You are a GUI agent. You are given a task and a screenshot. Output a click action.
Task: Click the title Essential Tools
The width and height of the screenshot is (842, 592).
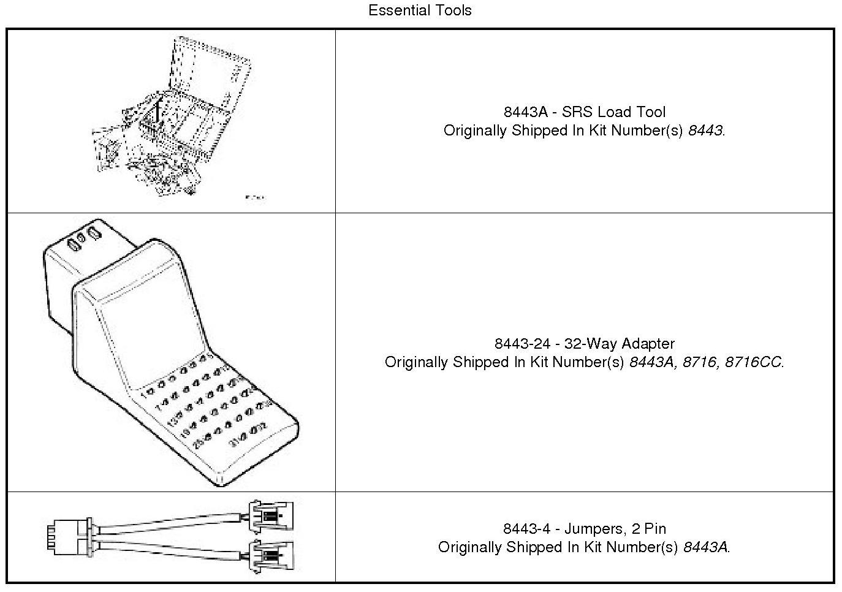pyautogui.click(x=420, y=10)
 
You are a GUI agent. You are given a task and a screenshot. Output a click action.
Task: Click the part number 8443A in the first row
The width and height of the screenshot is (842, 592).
pyautogui.click(x=523, y=112)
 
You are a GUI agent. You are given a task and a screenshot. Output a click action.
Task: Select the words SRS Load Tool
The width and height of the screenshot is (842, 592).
pyautogui.click(x=613, y=112)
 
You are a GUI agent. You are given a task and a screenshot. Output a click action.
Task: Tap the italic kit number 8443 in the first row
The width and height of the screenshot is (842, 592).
pyautogui.click(x=705, y=131)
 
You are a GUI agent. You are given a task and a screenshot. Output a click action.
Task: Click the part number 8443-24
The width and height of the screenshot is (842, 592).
pyautogui.click(x=522, y=344)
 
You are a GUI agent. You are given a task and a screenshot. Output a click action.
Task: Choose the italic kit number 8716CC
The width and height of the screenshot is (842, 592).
pyautogui.click(x=753, y=362)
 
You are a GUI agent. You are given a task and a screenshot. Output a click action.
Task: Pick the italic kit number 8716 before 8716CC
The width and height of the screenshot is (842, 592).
pyautogui.click(x=699, y=362)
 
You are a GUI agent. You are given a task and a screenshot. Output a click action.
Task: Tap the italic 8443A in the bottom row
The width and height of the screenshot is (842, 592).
pyautogui.click(x=706, y=547)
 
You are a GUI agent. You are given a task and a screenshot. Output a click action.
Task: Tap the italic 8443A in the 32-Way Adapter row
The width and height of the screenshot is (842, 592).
pyautogui.click(x=651, y=362)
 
